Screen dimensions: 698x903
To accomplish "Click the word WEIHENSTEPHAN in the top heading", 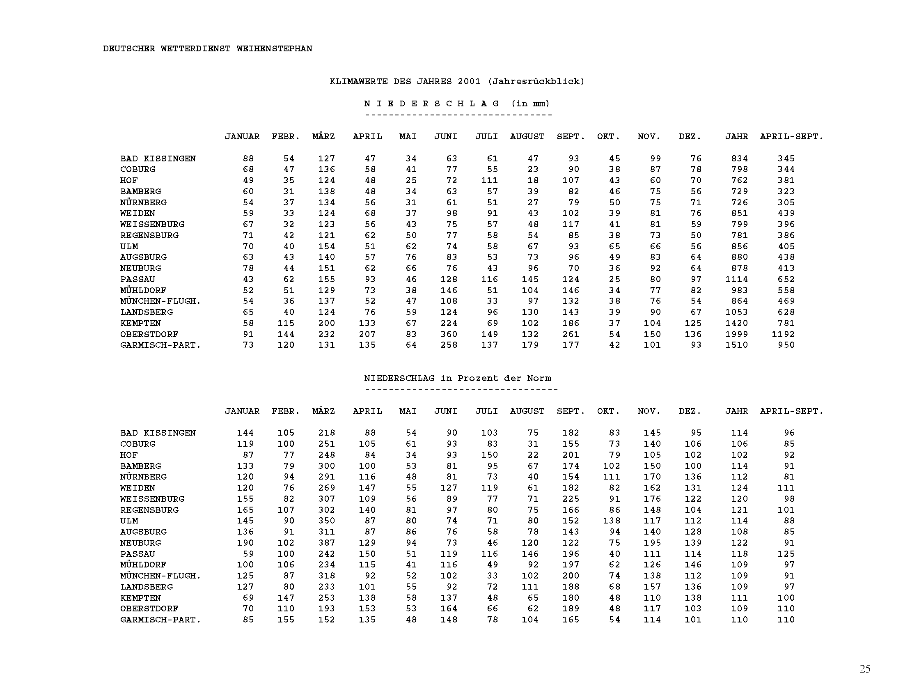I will pyautogui.click(x=274, y=49).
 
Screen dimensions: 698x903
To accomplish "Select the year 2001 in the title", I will pyautogui.click(x=469, y=81).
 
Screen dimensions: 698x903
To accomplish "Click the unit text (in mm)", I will pyautogui.click(x=530, y=104).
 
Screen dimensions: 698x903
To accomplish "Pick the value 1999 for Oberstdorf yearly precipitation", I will pyautogui.click(x=736, y=334).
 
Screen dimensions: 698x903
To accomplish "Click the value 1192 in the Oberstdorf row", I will pyautogui.click(x=783, y=334).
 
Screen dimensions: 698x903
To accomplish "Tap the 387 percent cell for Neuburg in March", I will pyautogui.click(x=326, y=543).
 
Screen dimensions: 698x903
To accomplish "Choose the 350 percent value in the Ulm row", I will pyautogui.click(x=326, y=521).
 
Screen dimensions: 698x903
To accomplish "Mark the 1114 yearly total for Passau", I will pyautogui.click(x=736, y=279).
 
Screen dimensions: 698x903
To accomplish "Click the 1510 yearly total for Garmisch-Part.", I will pyautogui.click(x=736, y=345).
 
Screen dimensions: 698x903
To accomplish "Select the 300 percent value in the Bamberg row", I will pyautogui.click(x=326, y=466).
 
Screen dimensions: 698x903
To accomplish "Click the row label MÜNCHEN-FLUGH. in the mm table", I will pyautogui.click(x=160, y=301).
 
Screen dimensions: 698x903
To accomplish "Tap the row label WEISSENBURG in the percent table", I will pyautogui.click(x=152, y=499).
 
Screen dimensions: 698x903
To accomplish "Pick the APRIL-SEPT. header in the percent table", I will pyautogui.click(x=791, y=411).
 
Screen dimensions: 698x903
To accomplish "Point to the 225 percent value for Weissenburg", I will pyautogui.click(x=571, y=499).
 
